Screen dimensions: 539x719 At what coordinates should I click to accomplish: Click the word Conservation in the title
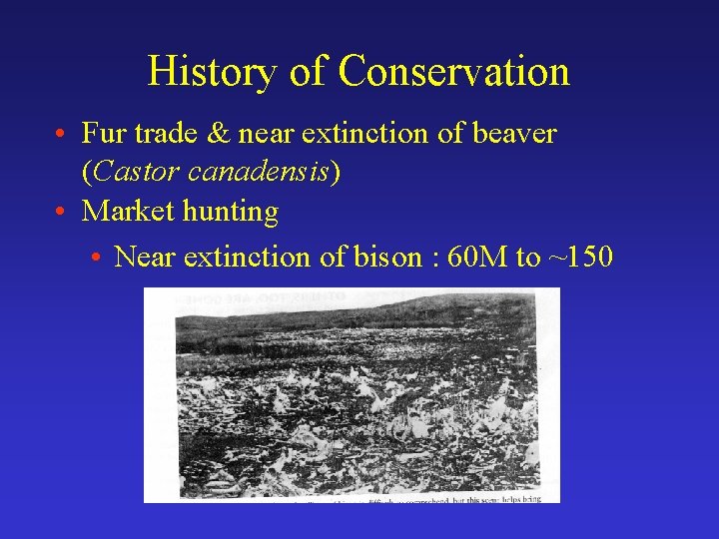pyautogui.click(x=454, y=72)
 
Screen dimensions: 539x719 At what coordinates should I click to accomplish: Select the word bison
pyautogui.click(x=387, y=257)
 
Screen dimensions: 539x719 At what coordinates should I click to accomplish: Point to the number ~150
pyautogui.click(x=581, y=257)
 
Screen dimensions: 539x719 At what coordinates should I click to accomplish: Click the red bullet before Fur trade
pyautogui.click(x=62, y=134)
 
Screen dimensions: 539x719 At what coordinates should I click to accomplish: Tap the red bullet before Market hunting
pyautogui.click(x=62, y=212)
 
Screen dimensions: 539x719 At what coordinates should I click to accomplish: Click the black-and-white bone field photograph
pyautogui.click(x=352, y=394)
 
